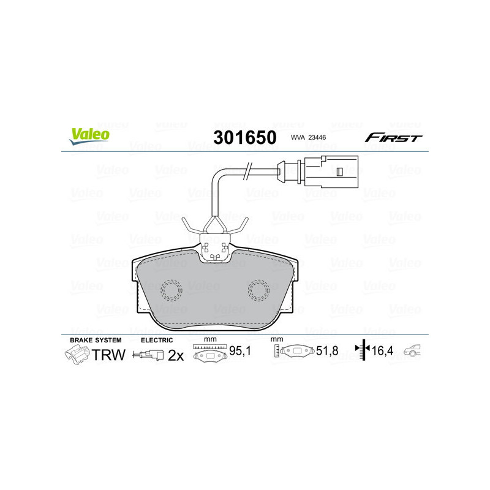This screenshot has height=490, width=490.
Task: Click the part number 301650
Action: tap(244, 137)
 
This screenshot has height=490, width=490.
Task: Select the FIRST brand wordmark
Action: tap(393, 138)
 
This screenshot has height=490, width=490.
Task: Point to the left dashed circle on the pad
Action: tap(172, 290)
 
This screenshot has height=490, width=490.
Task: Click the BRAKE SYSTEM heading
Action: tap(96, 340)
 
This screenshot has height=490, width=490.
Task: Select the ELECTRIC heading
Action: tap(157, 340)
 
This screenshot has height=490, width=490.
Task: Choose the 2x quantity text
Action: tap(176, 355)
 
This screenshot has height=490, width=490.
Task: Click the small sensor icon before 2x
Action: tap(149, 355)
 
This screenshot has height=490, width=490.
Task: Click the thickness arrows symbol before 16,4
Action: tap(364, 350)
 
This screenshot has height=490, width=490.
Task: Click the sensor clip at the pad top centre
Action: tap(215, 249)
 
